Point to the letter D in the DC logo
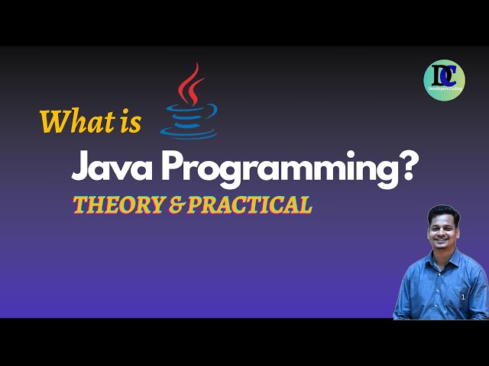point(438,75)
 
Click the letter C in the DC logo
point(450,76)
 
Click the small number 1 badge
point(463,297)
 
